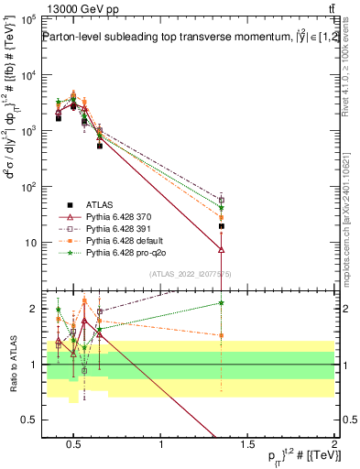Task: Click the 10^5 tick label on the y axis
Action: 27,19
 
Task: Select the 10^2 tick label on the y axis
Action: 27,187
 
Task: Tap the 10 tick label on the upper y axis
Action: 29,243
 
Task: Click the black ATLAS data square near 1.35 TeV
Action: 222,225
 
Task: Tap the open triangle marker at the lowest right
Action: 222,249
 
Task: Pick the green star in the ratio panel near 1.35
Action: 222,303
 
